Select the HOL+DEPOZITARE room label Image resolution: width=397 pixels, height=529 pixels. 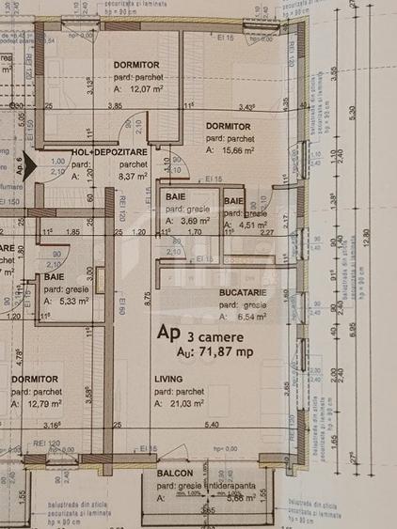pyautogui.click(x=108, y=151)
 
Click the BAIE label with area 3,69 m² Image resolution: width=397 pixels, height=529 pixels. pyautogui.click(x=175, y=195)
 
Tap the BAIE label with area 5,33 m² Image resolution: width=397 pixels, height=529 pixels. pyautogui.click(x=54, y=277)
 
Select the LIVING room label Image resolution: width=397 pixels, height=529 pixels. pyautogui.click(x=169, y=379)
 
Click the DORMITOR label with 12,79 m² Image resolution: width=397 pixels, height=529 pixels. pyautogui.click(x=37, y=379)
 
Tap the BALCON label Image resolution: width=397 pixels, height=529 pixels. pyautogui.click(x=175, y=473)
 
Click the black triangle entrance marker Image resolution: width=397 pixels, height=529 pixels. pyautogui.click(x=31, y=162)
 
